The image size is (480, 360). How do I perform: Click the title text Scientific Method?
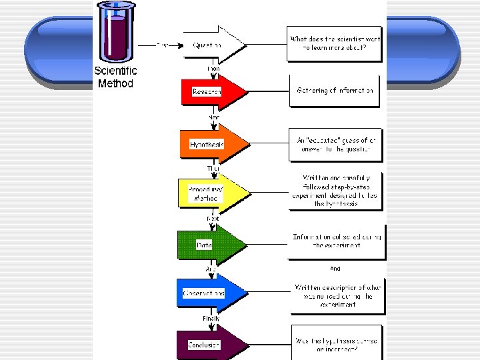click(x=115, y=77)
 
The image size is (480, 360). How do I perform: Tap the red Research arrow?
click(x=211, y=91)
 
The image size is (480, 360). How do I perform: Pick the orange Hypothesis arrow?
click(x=211, y=144)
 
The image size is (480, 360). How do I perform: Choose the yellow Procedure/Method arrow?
click(x=211, y=193)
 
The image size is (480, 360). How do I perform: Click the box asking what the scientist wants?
click(x=335, y=44)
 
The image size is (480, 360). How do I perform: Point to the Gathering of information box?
click(x=335, y=91)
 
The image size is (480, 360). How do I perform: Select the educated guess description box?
click(x=335, y=145)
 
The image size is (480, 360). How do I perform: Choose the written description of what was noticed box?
click(x=337, y=296)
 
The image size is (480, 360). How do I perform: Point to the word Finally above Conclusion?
click(x=211, y=319)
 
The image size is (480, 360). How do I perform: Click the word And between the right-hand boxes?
click(x=335, y=269)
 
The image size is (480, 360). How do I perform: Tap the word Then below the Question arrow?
click(x=213, y=69)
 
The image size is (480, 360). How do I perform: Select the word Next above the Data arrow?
click(x=212, y=219)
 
